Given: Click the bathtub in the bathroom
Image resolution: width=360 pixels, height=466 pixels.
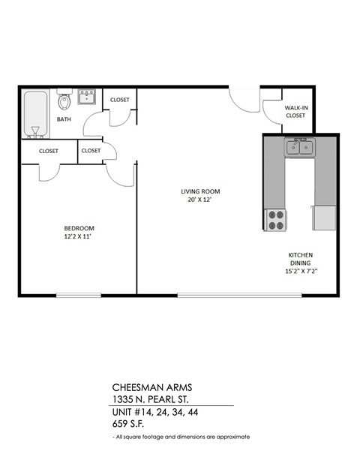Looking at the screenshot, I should [34, 114].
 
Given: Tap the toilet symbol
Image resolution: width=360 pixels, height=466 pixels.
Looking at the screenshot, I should [64, 100].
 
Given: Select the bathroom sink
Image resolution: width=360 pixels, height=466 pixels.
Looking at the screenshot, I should [87, 96].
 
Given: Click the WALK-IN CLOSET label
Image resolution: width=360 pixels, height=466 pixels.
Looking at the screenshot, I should [295, 112].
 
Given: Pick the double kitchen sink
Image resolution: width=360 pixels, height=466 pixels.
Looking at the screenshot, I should [299, 148].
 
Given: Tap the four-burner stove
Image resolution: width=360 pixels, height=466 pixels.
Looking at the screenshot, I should [275, 219].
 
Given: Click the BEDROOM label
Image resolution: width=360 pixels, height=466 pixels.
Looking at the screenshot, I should [78, 228].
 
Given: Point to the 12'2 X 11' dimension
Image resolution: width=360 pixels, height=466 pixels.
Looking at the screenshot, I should [78, 237].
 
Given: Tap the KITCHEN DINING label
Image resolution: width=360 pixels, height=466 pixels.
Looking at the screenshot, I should [301, 259].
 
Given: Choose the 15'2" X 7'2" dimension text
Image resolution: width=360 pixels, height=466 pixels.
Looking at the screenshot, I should [301, 272].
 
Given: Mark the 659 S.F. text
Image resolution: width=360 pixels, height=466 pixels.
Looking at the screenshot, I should [131, 424].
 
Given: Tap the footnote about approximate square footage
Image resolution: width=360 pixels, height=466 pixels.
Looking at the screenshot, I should [181, 437].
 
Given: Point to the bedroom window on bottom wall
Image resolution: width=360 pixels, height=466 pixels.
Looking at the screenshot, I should [79, 295].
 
